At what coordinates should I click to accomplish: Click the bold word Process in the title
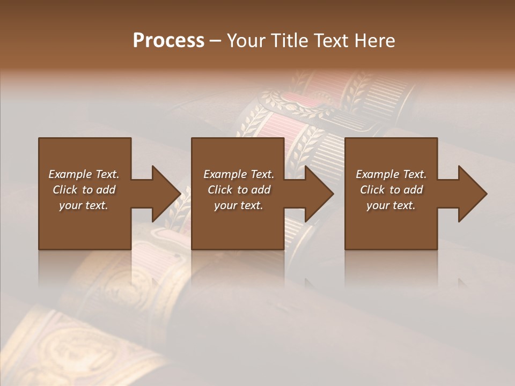[x=168, y=41]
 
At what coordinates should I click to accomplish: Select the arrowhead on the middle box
[x=319, y=194]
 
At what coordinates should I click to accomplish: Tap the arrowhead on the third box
[x=472, y=194]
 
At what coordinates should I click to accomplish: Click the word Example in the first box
[x=70, y=174]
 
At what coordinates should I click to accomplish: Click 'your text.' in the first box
[x=84, y=205]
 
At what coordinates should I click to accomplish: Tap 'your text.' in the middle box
[x=239, y=205]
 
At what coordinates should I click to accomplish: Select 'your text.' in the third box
[x=391, y=205]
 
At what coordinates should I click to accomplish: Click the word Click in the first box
[x=65, y=190]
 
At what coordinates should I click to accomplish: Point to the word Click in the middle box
[x=220, y=190]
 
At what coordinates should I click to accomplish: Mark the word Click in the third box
[x=372, y=190]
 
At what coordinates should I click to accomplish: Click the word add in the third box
[x=413, y=190]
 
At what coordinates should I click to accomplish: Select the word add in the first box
[x=106, y=190]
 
